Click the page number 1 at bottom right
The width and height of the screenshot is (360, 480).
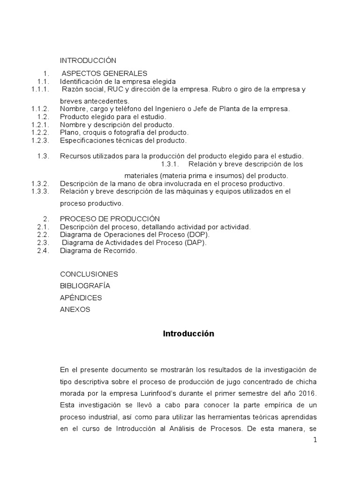tap(315, 440)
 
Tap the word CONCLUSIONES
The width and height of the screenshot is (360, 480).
tap(89, 274)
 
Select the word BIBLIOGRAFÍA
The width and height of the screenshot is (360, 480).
tap(85, 285)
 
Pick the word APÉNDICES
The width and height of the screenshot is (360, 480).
tap(81, 298)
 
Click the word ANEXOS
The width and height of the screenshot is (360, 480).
tap(75, 309)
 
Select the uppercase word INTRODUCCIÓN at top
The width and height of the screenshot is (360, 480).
tap(88, 60)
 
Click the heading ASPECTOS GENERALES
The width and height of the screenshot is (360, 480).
tap(104, 73)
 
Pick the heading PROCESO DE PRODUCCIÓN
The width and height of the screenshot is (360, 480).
tap(110, 219)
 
